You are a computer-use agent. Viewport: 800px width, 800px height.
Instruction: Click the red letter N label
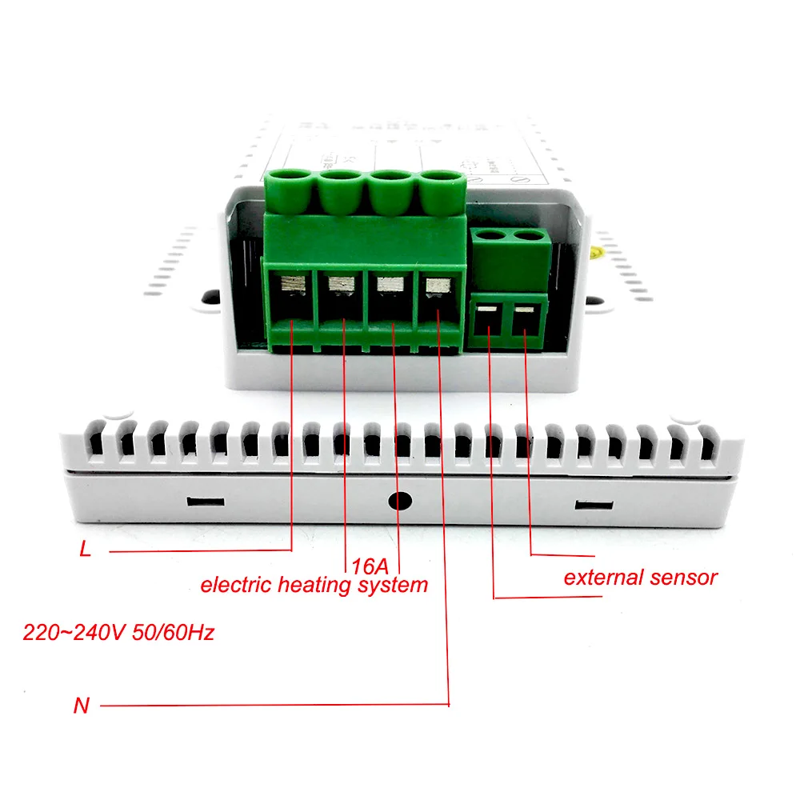pos(81,706)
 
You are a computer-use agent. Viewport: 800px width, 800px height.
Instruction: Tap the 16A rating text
pos(370,566)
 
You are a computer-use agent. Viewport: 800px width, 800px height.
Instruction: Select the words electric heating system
pos(314,585)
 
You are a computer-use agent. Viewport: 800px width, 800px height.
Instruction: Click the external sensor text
pos(640,577)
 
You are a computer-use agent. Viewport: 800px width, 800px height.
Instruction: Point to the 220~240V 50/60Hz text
pos(118,634)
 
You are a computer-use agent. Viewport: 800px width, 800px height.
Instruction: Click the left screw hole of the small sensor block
pos(487,237)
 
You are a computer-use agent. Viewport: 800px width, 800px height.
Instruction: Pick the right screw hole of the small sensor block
pos(526,237)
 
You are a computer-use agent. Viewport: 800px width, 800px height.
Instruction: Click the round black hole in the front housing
pos(399,502)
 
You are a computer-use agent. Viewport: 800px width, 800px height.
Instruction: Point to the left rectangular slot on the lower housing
pos(204,502)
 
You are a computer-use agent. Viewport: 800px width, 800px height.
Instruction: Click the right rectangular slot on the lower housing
pos(595,505)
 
